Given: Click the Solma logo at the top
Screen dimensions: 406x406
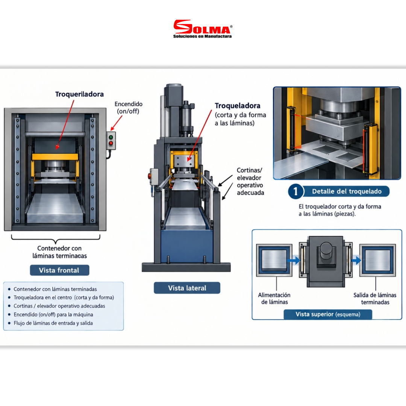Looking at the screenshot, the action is (203, 29).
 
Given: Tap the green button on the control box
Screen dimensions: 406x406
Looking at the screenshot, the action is (111, 137).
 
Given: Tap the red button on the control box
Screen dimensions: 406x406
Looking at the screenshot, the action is (111, 143).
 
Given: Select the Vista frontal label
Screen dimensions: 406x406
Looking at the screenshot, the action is (59, 270).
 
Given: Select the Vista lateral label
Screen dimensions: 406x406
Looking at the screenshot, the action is (187, 288).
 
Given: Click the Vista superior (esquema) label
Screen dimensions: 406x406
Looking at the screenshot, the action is (328, 314).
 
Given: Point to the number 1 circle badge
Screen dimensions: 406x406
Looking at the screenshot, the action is (295, 191).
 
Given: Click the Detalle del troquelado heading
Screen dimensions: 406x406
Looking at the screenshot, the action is (347, 191).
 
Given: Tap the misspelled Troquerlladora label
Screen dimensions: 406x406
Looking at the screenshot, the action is (79, 94).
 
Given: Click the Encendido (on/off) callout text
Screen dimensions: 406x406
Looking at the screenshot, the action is (129, 108).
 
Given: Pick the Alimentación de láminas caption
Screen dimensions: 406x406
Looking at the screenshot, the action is (274, 298).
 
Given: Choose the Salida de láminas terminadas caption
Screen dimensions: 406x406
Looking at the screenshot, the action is (375, 298).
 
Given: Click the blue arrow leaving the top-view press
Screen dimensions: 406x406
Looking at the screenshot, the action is (356, 260).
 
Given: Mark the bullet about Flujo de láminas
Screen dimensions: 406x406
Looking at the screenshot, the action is (53, 323).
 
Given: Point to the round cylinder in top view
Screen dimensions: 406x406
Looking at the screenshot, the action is (326, 250).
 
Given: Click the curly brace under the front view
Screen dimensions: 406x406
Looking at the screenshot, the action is (56, 239).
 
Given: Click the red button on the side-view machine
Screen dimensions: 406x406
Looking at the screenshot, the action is (149, 176).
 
